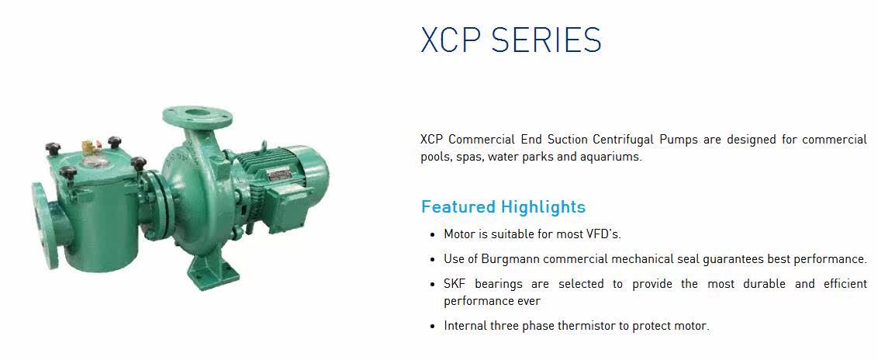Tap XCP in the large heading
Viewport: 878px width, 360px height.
pos(450,40)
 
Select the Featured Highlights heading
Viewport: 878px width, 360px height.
pos(503,207)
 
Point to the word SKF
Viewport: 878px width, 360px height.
pos(454,284)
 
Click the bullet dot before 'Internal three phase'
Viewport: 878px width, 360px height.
pos(432,327)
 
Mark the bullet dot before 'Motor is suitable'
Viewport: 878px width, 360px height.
pos(432,234)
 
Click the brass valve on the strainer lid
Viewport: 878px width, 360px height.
pos(88,147)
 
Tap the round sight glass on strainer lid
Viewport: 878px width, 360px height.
pos(95,162)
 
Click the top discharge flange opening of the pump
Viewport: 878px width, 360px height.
pos(197,113)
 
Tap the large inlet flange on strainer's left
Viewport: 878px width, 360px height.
pos(44,225)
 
